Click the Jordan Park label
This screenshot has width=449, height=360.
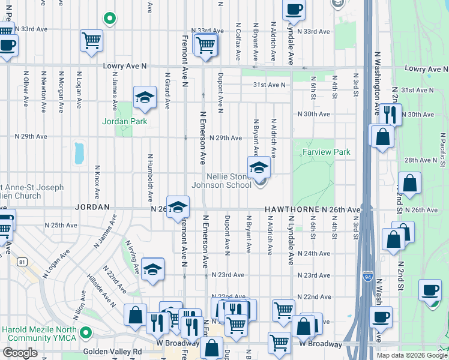click(124, 121)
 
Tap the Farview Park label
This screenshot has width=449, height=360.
click(327, 152)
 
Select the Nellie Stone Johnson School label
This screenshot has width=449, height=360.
click(221, 181)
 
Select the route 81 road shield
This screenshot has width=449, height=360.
click(22, 262)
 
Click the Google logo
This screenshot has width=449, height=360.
click(20, 353)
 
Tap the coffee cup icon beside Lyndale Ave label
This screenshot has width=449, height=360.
click(294, 10)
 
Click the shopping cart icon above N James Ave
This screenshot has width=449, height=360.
click(91, 41)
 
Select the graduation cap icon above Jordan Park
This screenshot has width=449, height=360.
click(144, 98)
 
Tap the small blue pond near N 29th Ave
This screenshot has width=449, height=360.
click(79, 153)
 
